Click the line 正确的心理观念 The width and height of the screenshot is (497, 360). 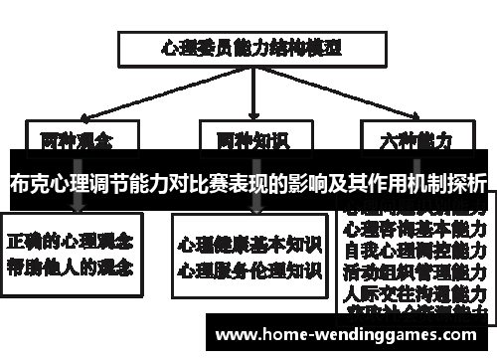click(73, 242)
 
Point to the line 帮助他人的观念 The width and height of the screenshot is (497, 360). click(73, 267)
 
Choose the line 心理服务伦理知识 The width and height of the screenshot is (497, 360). click(249, 269)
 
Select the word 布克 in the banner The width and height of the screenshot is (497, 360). click(30, 184)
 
